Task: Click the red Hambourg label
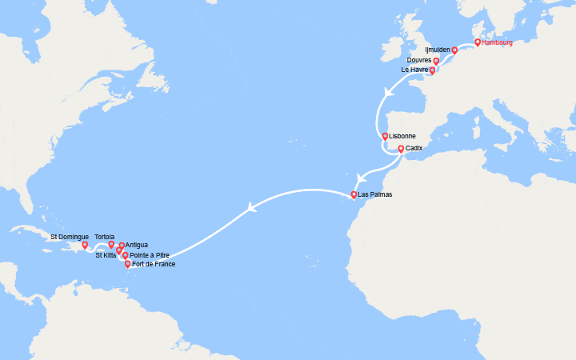498,42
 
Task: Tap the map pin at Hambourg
478,42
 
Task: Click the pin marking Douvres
436,61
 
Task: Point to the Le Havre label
415,70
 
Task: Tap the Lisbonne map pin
385,137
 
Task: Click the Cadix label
414,149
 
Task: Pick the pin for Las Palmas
354,194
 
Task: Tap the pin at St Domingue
85,246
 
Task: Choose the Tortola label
104,236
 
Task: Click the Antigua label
137,245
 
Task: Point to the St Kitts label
106,255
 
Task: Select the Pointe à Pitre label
150,255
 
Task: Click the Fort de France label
154,264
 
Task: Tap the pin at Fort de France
128,264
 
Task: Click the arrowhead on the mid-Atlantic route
253,207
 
